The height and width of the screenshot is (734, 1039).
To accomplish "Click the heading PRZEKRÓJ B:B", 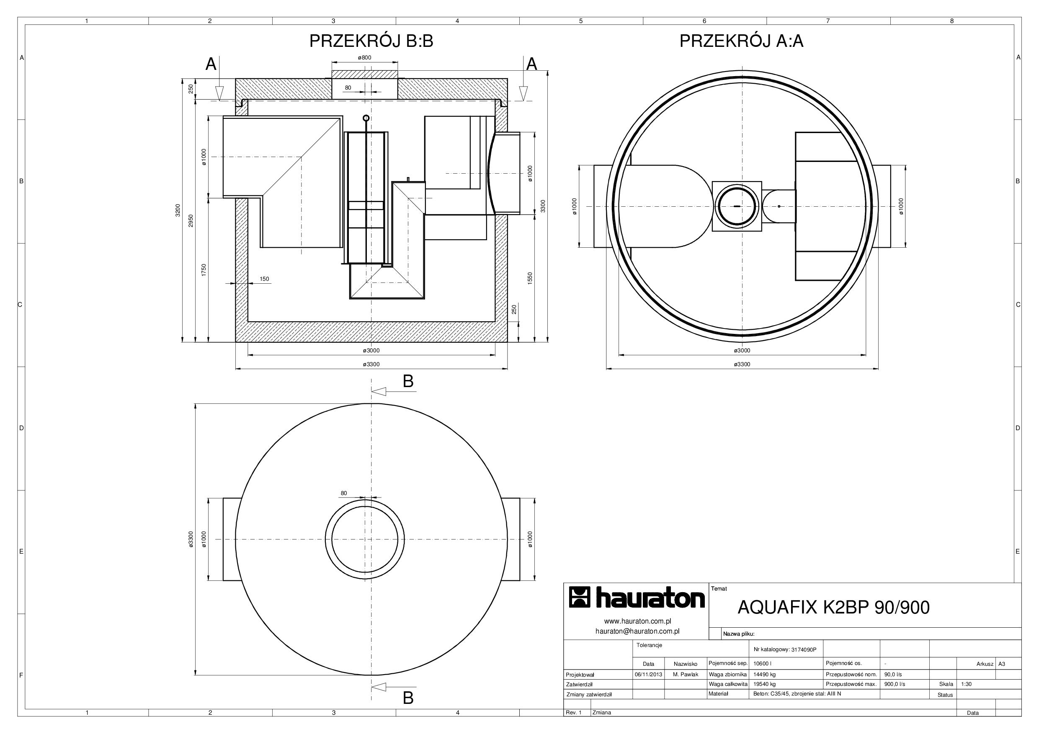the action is click(x=371, y=41).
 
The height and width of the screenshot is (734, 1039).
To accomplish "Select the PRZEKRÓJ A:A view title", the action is click(x=741, y=41).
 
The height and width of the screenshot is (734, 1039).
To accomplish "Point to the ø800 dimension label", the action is click(x=364, y=57).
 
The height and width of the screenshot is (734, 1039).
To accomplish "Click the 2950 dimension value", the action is click(x=191, y=221).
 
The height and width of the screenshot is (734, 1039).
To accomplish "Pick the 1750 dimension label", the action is click(x=204, y=270).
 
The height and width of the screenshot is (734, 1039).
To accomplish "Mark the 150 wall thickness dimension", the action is click(x=264, y=279).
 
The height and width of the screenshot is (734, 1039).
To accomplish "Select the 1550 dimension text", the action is click(x=530, y=278).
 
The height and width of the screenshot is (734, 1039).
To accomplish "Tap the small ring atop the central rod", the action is click(x=366, y=118).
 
